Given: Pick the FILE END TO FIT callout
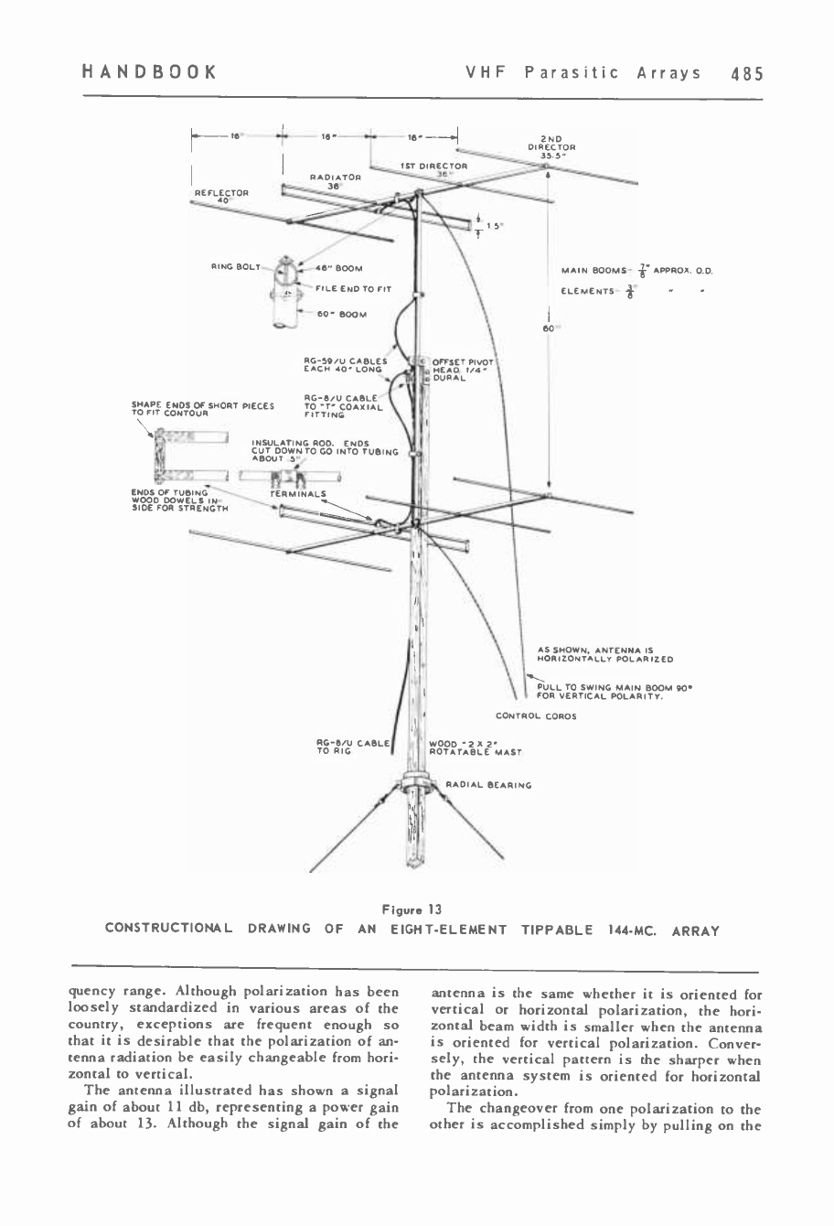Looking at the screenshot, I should pos(353,289).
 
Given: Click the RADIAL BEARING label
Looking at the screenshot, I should pos(487,784).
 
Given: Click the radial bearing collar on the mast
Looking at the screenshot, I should pos(417,784).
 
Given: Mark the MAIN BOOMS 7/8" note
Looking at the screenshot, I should pos(640,270).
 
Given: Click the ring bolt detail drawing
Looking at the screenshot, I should pos(286,291).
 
